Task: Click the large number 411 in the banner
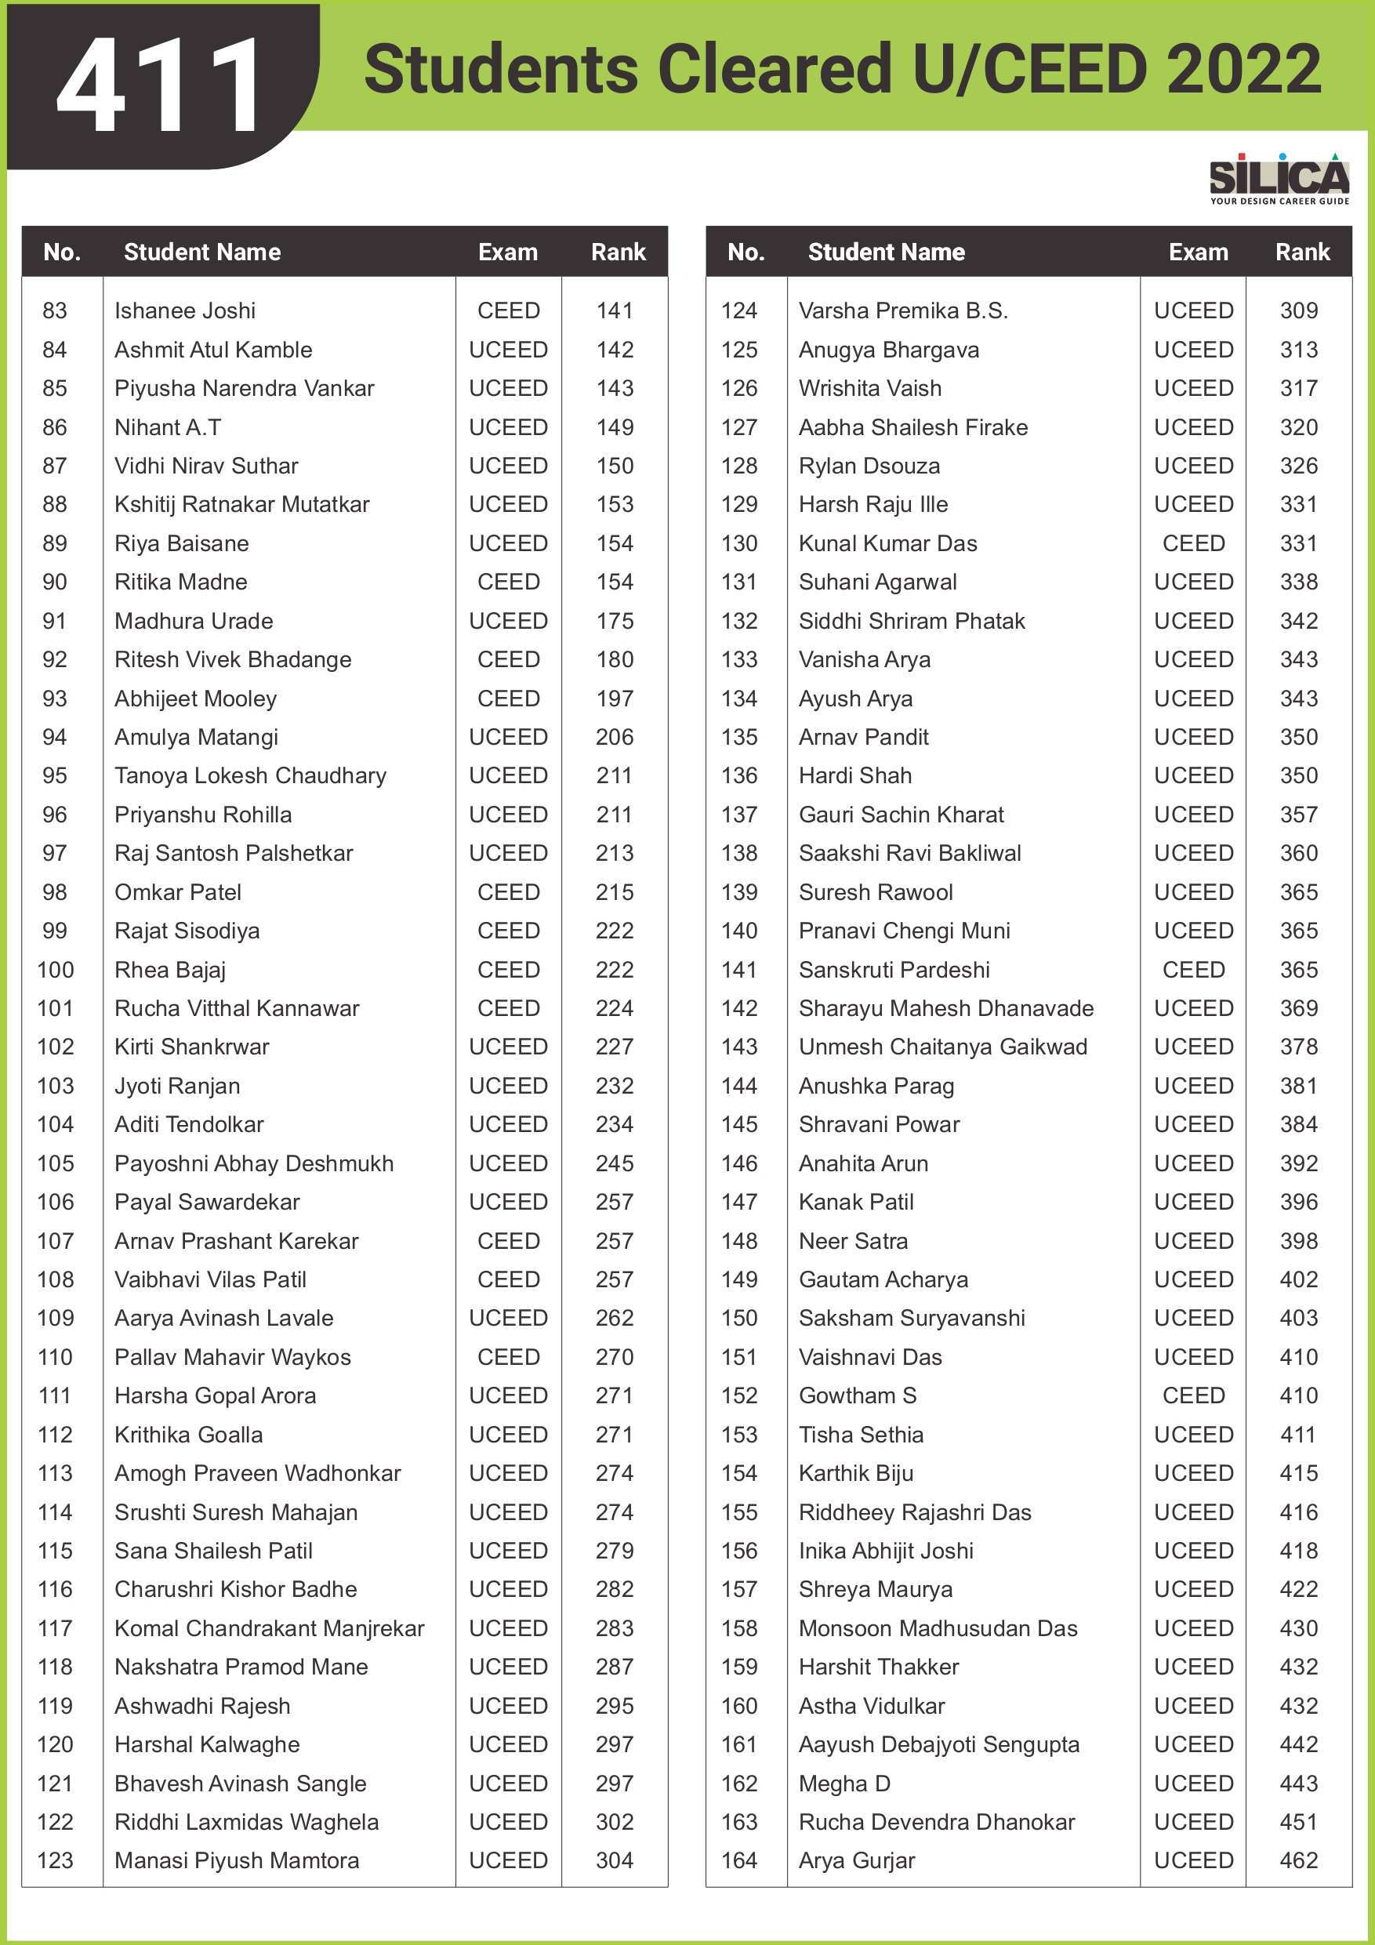[x=158, y=85]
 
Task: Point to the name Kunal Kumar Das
[x=887, y=543]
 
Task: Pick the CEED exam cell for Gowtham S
[x=1193, y=1395]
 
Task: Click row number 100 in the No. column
[x=55, y=969]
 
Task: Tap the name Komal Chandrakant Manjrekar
[x=269, y=1628]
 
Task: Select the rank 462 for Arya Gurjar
[x=1298, y=1860]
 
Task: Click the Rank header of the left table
[x=618, y=252]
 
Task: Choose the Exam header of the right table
[x=1197, y=252]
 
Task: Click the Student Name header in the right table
[x=885, y=252]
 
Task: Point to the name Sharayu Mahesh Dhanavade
[x=945, y=1008]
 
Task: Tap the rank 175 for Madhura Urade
[x=615, y=621]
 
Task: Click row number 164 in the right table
[x=738, y=1860]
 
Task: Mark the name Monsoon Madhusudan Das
[x=938, y=1628]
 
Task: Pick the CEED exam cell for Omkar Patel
[x=508, y=892]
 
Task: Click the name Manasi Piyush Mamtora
[x=237, y=1860]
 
